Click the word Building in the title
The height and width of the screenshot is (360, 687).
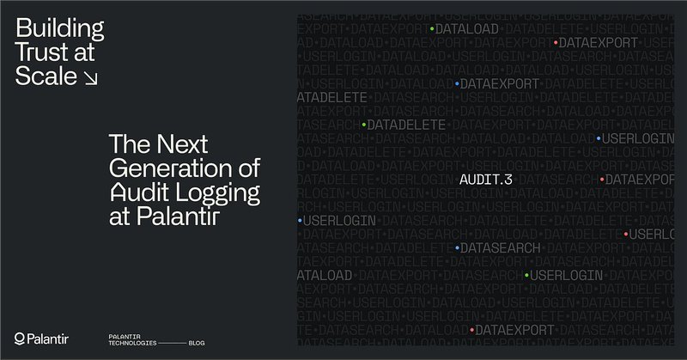59,29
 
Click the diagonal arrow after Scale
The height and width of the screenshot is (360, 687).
90,77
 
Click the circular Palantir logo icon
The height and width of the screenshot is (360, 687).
20,338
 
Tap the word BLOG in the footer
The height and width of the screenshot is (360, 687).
197,342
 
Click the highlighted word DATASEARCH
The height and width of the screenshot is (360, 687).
501,248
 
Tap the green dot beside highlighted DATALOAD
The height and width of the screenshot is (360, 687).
431,28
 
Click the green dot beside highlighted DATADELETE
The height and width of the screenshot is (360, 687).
364,125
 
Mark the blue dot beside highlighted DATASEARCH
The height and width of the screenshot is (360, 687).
457,248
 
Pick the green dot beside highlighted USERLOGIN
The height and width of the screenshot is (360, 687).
526,275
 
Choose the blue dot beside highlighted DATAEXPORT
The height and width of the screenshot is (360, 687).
457,83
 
